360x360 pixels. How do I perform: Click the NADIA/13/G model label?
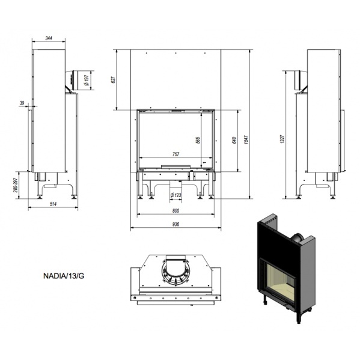point(64,276)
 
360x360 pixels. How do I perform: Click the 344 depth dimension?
point(49,38)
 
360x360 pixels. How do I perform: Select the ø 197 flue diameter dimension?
point(87,80)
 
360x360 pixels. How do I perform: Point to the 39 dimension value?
point(22,103)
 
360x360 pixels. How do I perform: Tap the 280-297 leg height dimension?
point(16,185)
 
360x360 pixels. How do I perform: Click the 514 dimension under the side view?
point(53,204)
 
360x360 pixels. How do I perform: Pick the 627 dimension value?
point(113,79)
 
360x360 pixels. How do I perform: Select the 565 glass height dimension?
point(198,140)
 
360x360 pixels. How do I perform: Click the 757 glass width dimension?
point(175,154)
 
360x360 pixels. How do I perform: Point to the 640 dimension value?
point(234,140)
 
